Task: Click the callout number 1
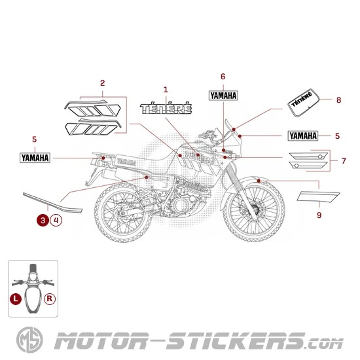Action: (166, 89)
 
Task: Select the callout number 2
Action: (102, 82)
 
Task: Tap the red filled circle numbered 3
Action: (43, 221)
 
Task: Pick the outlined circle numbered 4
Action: (56, 221)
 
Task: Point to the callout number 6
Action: (223, 77)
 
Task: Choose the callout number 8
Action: (338, 100)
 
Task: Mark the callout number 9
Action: (319, 215)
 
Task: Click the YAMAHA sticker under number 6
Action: (223, 95)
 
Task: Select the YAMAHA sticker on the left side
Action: (35, 157)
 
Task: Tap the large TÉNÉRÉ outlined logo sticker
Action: (166, 107)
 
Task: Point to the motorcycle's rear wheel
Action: (122, 214)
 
